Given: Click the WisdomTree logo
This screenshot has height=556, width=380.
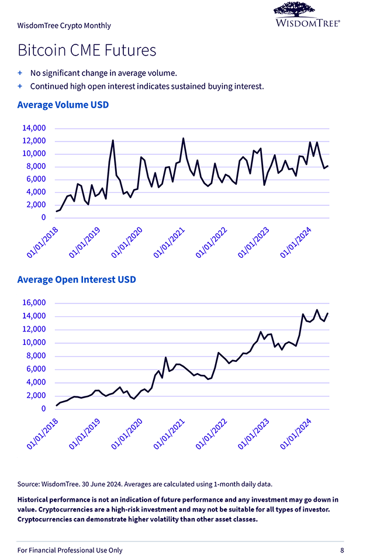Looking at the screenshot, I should click(x=307, y=15).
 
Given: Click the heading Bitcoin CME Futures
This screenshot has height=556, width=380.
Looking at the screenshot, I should click(x=87, y=50).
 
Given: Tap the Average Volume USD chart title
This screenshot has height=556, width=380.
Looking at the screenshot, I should click(x=63, y=105).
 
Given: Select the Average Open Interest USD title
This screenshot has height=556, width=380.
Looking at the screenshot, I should click(x=77, y=279).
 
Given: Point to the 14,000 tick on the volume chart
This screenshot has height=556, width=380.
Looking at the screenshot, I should click(x=34, y=128).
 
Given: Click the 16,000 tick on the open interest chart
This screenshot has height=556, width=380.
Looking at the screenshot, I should click(x=34, y=303).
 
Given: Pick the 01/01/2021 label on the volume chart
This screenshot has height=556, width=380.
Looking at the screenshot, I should click(x=168, y=242).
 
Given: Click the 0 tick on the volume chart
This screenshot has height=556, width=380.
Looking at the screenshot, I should click(x=43, y=217).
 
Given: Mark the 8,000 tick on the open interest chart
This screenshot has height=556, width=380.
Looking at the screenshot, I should click(x=36, y=356).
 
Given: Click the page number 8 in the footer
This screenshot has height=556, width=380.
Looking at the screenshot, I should click(x=342, y=550).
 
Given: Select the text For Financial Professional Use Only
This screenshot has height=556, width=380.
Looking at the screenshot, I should click(x=70, y=550).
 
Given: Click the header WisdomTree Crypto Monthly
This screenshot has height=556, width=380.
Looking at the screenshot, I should click(x=64, y=26).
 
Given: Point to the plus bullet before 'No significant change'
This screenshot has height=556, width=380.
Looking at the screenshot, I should click(x=20, y=73).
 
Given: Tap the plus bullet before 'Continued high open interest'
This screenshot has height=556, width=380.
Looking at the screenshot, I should click(x=20, y=86).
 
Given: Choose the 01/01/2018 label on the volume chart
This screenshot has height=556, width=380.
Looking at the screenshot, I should click(x=43, y=242).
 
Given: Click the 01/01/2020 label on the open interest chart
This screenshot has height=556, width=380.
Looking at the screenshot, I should click(x=127, y=434).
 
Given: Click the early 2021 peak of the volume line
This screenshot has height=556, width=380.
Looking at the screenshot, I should click(x=183, y=139).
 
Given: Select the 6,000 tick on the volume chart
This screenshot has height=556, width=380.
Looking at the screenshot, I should click(x=36, y=179).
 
